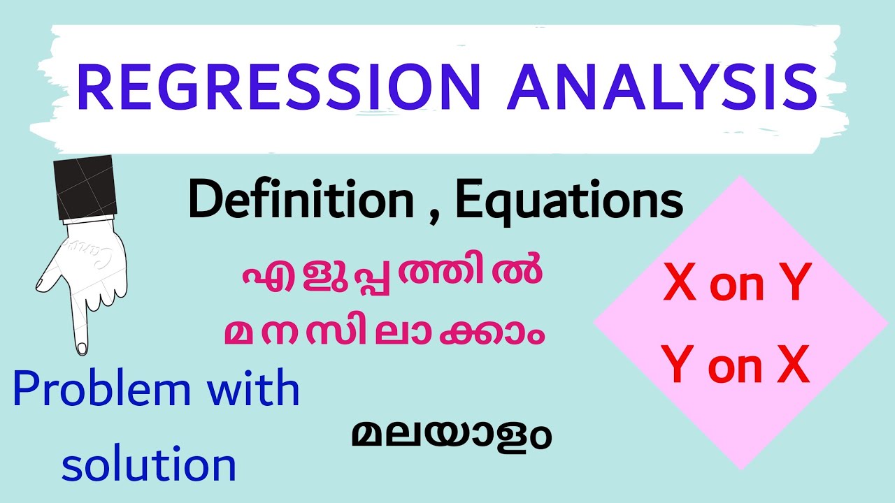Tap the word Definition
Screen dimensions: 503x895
tap(301, 201)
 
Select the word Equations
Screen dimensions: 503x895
tap(568, 201)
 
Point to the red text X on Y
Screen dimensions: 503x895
tap(736, 286)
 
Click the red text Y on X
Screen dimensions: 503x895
tap(736, 366)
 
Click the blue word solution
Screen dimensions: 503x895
tap(148, 464)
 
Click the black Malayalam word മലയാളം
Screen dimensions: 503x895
tap(451, 435)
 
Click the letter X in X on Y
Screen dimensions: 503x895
tap(680, 286)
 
